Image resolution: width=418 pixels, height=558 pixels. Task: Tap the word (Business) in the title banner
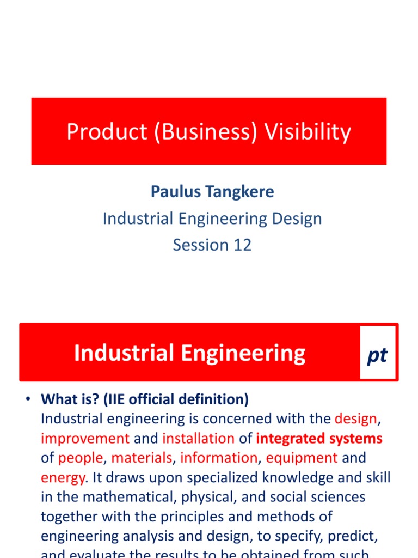point(205,132)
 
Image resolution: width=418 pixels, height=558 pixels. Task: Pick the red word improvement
point(85,439)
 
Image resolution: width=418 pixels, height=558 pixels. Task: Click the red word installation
point(198,439)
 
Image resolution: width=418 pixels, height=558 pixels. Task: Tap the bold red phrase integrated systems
point(319,439)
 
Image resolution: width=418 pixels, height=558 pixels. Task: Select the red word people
point(80,458)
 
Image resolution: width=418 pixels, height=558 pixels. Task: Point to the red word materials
point(142,458)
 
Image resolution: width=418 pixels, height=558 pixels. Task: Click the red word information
point(219,458)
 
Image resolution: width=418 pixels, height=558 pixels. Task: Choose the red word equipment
point(302,458)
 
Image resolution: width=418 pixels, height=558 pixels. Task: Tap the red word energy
point(63,477)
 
